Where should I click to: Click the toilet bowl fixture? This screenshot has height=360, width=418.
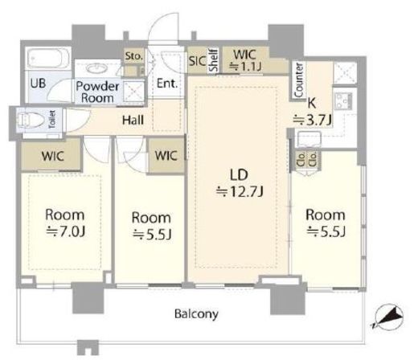pos(30,120)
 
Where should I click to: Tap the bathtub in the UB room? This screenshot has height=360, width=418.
pos(48,59)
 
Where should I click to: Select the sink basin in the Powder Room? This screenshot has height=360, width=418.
pos(97,67)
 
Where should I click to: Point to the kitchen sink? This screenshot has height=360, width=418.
pos(309,139)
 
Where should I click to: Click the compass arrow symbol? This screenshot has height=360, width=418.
pos(387,317)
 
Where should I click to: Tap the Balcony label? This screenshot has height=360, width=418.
pos(196,313)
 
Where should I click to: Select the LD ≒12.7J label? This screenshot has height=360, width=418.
pos(240,183)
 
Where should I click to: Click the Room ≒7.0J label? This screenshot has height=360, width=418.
pos(65,223)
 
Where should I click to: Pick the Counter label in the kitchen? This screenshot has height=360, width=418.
pos(299,80)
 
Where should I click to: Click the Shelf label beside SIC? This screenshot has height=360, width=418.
pos(214,60)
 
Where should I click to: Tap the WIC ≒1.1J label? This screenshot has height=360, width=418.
pos(244,60)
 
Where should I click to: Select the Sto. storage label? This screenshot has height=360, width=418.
pos(133,56)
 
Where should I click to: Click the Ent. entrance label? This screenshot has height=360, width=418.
pos(167,84)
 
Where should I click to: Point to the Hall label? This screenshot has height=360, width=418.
pos(133,120)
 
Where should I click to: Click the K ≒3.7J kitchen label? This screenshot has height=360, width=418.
pos(313,112)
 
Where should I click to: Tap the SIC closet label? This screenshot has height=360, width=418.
pos(197,61)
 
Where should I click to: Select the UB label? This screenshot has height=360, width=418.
pos(38,83)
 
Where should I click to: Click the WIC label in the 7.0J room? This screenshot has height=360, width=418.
pos(52,156)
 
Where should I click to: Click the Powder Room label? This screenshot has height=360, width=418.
pos(97,92)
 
